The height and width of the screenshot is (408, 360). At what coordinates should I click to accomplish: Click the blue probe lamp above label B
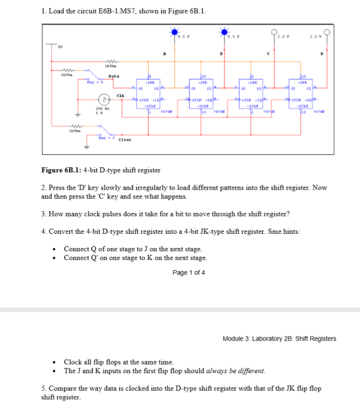point(225,31)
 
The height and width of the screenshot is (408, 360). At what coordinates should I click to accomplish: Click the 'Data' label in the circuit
point(114,76)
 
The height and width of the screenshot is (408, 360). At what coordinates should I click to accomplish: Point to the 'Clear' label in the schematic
point(125,139)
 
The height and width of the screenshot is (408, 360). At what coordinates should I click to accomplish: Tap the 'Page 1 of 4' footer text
point(189,272)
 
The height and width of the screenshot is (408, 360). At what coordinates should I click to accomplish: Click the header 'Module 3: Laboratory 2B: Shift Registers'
point(279,338)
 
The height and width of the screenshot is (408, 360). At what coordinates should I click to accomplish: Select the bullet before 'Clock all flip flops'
point(55,362)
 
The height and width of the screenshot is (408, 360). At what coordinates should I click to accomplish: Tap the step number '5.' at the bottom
point(44,388)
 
